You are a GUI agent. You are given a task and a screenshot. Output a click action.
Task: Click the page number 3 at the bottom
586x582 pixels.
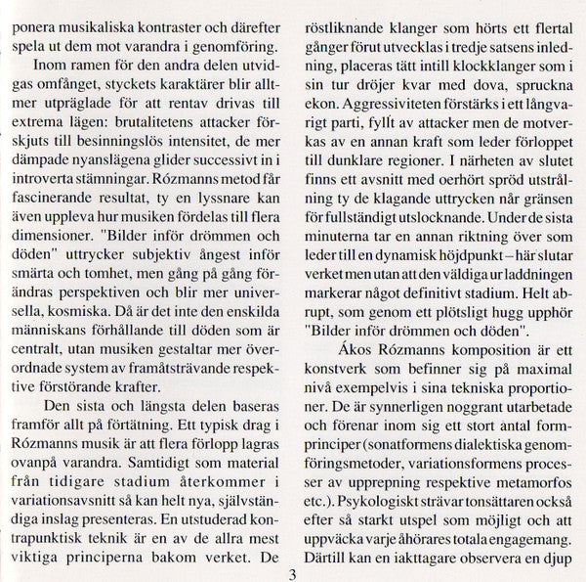pos(293,574)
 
